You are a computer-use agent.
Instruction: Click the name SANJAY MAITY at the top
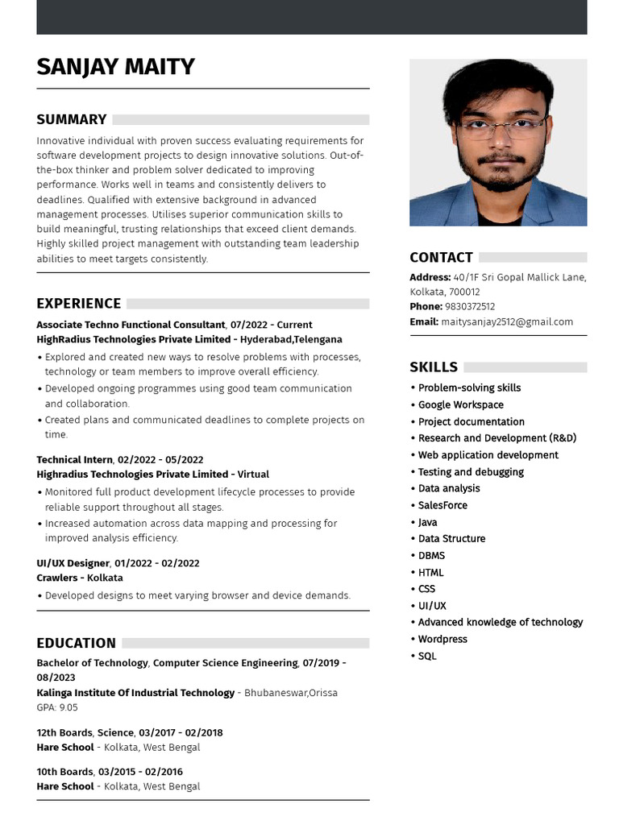pos(115,66)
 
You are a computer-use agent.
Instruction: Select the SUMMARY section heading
pos(72,119)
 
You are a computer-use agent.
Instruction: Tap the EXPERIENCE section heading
pos(79,304)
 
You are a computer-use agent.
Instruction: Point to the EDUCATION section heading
pos(77,643)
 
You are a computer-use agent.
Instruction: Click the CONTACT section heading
pos(441,258)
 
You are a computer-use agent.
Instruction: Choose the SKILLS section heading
pos(434,367)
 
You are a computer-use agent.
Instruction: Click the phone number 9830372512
pos(470,307)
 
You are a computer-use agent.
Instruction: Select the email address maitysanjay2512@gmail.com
pos(507,321)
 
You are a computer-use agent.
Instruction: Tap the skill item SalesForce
pos(442,505)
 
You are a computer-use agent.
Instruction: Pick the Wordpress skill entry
pos(442,639)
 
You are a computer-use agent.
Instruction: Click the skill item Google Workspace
pos(460,404)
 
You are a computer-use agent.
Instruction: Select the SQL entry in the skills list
pos(427,656)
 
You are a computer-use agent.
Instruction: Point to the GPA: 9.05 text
pos(57,707)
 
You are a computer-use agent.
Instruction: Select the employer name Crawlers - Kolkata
pos(69,578)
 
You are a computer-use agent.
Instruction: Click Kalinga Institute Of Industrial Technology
pos(135,693)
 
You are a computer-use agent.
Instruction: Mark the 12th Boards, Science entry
pos(85,732)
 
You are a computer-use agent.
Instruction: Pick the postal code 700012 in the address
pos(464,292)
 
